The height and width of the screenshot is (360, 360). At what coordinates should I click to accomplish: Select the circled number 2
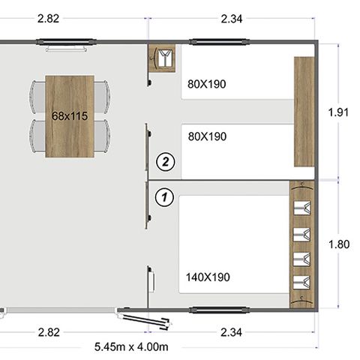[164, 160]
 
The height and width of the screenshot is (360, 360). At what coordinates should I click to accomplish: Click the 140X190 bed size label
[208, 277]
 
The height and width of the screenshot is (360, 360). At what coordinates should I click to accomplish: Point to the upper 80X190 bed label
[206, 84]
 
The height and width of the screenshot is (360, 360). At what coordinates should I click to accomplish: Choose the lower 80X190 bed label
[206, 136]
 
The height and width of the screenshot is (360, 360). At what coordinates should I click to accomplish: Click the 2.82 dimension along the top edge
[49, 19]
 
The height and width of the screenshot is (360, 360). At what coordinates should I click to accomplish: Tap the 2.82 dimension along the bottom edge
[48, 331]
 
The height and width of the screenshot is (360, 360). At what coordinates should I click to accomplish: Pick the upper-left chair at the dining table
[38, 94]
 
